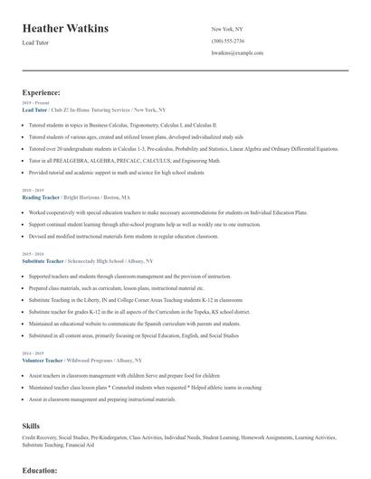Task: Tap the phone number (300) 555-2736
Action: pyautogui.click(x=228, y=41)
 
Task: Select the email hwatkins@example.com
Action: pyautogui.click(x=237, y=53)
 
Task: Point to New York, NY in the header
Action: pyautogui.click(x=227, y=29)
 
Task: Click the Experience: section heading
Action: pyautogui.click(x=42, y=92)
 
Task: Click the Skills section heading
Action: pyautogui.click(x=31, y=424)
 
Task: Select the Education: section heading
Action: pyautogui.click(x=41, y=470)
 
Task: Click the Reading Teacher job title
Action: pyautogui.click(x=40, y=196)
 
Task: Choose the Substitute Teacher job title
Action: pyautogui.click(x=43, y=260)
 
